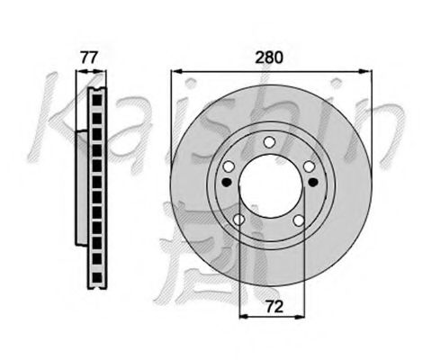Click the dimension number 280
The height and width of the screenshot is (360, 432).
(269, 58)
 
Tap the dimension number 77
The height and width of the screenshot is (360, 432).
(89, 58)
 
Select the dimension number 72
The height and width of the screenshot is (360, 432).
(274, 307)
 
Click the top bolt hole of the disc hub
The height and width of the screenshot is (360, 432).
(269, 142)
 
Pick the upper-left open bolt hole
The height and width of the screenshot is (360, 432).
(229, 166)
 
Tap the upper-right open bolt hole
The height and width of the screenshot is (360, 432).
(309, 166)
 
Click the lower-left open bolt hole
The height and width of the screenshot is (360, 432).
(238, 220)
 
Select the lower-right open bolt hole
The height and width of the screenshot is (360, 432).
(299, 220)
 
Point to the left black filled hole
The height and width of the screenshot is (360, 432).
(226, 182)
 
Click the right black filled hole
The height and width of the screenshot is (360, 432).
(313, 182)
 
